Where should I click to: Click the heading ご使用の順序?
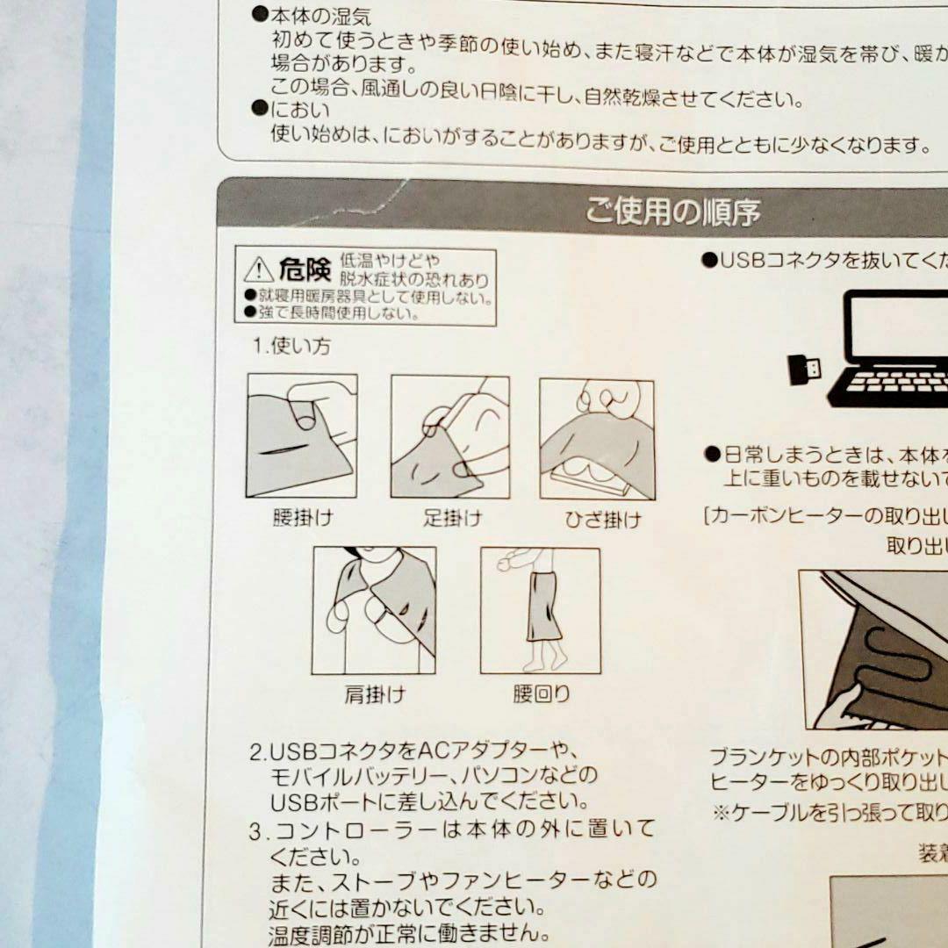coord(672,212)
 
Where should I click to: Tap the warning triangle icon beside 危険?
coord(258,269)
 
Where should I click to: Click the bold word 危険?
coord(305,269)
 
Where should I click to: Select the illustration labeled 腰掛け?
coord(302,435)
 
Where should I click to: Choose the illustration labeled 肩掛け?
coord(374,610)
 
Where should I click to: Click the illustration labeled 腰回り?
coord(540,611)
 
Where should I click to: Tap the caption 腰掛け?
coord(302,517)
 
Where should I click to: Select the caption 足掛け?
coord(452,518)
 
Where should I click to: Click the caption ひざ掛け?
coord(602,520)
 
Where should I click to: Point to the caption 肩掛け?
coord(374,695)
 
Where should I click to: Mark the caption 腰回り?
coord(541,694)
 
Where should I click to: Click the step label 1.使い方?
coord(292,346)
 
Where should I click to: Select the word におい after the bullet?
coord(300,110)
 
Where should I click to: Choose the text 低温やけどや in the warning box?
coord(390,261)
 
